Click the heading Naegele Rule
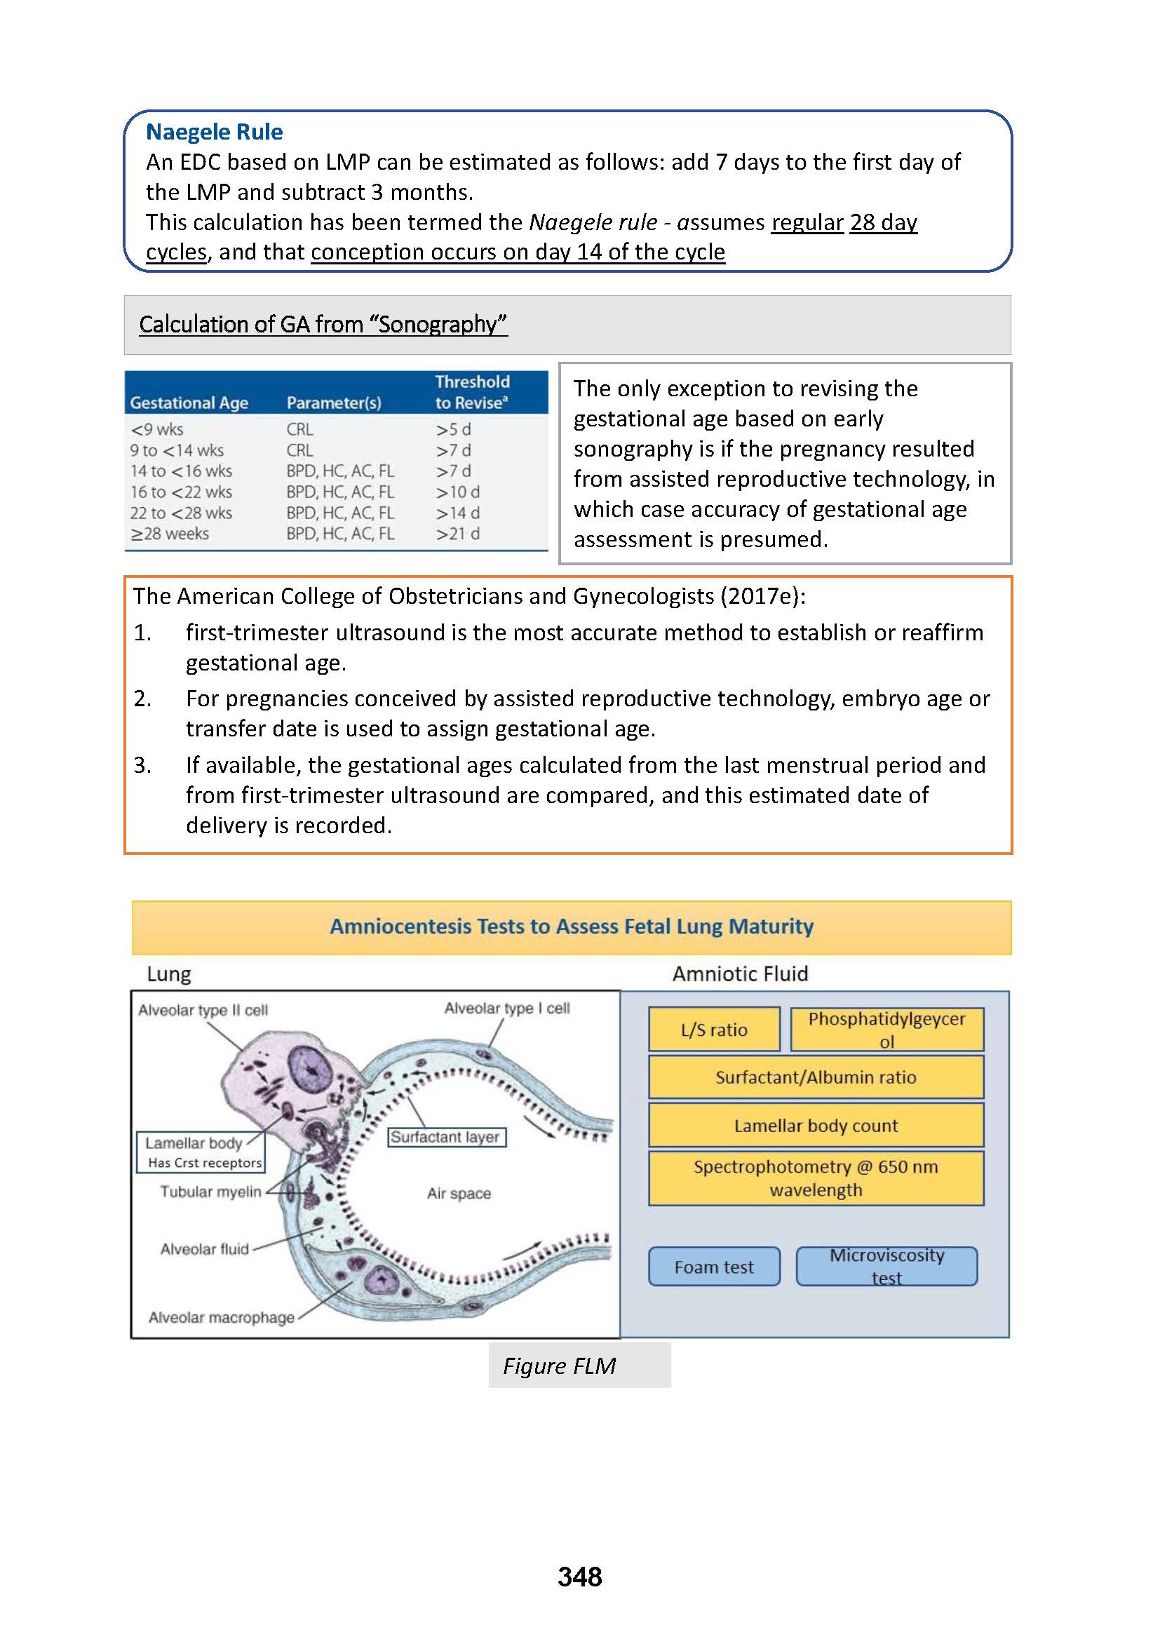[215, 132]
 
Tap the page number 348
[579, 1577]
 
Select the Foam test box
[713, 1267]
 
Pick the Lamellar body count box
[816, 1126]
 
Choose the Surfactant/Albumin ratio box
[816, 1077]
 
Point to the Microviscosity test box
[886, 1267]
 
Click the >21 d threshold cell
[458, 534]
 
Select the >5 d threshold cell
[454, 429]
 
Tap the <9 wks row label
[156, 429]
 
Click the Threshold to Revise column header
[472, 392]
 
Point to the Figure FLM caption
[559, 1365]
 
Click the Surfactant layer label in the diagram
[446, 1137]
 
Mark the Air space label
[459, 1194]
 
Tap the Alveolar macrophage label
[222, 1317]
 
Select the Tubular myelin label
[210, 1192]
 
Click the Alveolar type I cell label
[506, 1008]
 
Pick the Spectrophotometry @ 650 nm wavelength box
[816, 1178]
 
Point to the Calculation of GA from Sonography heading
[323, 324]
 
